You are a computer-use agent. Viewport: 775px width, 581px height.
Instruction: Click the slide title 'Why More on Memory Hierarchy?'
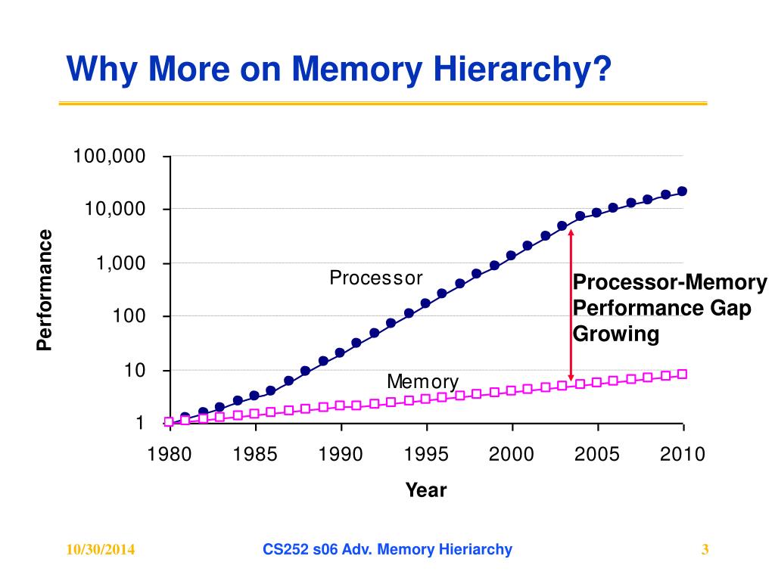[x=338, y=70]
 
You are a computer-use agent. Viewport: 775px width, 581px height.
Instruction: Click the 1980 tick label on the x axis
[x=170, y=455]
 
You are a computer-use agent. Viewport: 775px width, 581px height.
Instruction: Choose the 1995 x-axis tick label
[x=427, y=455]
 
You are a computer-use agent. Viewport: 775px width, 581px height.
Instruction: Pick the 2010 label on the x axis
[x=683, y=455]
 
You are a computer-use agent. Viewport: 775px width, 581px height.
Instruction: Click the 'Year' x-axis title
[x=426, y=490]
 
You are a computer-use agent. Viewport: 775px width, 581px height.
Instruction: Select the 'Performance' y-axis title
[x=45, y=290]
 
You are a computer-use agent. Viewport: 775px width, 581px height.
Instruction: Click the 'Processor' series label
[x=375, y=278]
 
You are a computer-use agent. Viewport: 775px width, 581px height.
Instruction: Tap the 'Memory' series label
[x=422, y=381]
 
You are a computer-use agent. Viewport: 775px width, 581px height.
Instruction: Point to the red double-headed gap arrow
[x=571, y=306]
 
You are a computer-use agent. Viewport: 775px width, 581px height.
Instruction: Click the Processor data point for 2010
[x=682, y=191]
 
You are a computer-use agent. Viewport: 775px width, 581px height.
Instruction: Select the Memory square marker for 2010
[x=682, y=374]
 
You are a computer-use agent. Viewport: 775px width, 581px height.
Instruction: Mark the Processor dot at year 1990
[x=340, y=353]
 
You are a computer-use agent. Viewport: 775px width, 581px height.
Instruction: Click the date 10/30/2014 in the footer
[x=101, y=550]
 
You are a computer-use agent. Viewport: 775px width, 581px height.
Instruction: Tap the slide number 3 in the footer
[x=705, y=550]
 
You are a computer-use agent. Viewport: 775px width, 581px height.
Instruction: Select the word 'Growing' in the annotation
[x=616, y=334]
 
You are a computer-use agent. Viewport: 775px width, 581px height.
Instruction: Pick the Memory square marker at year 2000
[x=511, y=390]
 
